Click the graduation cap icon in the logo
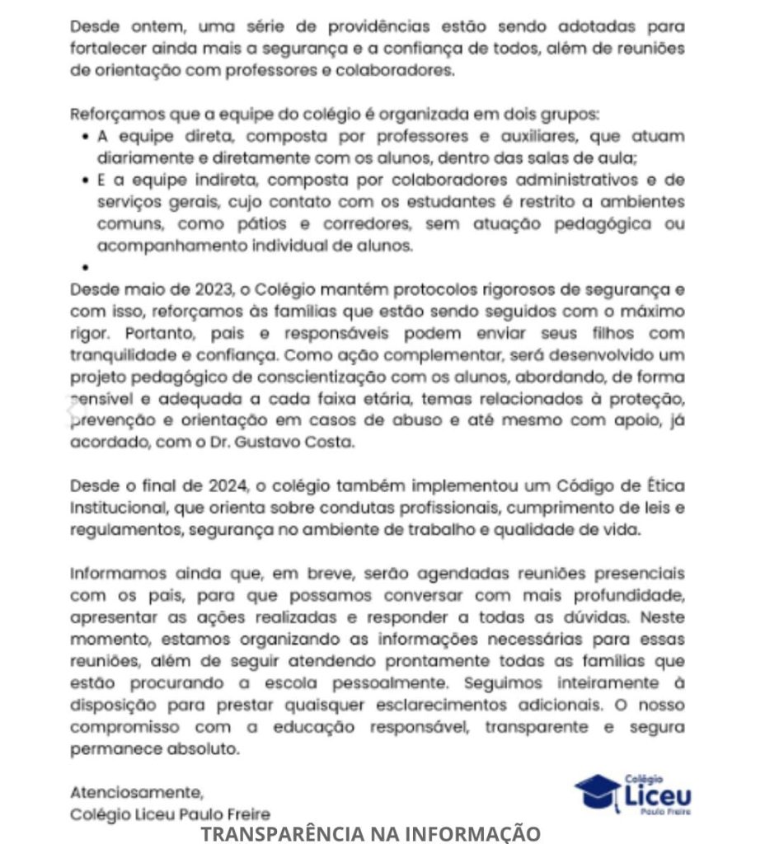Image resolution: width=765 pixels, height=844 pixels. (x=598, y=792)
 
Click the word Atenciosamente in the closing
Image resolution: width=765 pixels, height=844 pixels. (x=136, y=793)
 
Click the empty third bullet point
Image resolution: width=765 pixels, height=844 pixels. (x=85, y=268)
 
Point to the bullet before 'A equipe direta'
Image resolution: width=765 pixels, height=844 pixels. (x=85, y=136)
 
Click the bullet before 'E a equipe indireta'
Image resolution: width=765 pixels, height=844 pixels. (x=85, y=180)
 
